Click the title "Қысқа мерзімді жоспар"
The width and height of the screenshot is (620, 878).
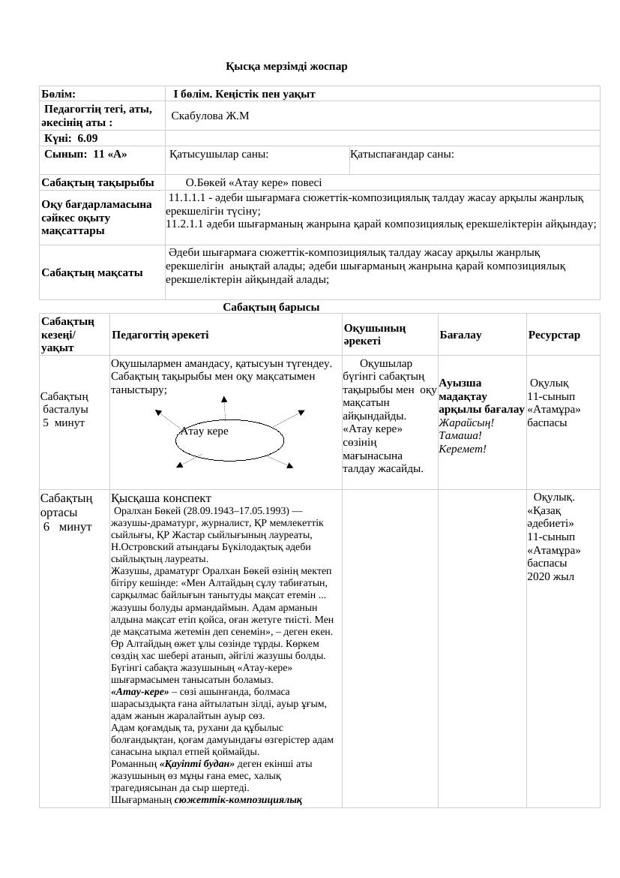[x=286, y=66]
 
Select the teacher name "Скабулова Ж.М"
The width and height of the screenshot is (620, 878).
[x=210, y=116]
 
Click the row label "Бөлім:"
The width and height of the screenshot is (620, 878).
[x=58, y=94]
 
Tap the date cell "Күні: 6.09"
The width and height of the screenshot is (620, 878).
[x=70, y=138]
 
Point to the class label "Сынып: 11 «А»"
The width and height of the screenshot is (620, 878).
[x=85, y=154]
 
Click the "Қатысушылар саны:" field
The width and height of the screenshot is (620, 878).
[x=219, y=154]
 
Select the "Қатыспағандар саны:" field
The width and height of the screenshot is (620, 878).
[x=402, y=154]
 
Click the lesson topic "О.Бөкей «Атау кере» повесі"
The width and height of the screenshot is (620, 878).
[x=253, y=182]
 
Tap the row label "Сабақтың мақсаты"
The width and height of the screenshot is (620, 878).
[x=92, y=272]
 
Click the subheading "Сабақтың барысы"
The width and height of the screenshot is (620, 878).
[x=271, y=307]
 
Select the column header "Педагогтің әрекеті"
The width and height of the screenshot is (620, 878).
[x=160, y=335]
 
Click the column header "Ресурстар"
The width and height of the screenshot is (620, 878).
[x=554, y=335]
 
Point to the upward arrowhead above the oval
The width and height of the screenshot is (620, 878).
[x=224, y=399]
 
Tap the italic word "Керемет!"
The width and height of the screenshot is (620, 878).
[x=463, y=449]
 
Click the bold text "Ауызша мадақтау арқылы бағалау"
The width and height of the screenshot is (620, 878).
[x=481, y=396]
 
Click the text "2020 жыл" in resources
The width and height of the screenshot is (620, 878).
[x=550, y=576]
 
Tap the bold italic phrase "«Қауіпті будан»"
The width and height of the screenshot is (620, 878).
[x=191, y=763]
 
